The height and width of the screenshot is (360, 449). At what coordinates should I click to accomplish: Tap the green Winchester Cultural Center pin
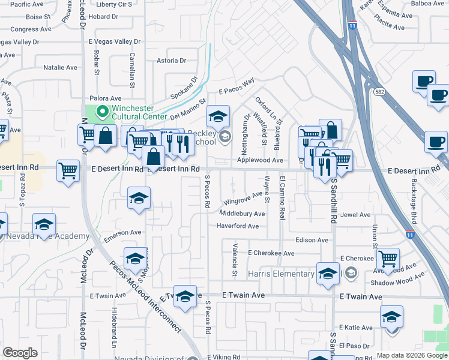click(102, 111)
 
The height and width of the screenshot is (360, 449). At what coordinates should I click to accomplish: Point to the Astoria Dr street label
click(171, 61)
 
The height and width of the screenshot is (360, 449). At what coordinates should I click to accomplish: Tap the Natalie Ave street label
click(60, 68)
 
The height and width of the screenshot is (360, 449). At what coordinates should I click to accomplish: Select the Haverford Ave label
click(237, 226)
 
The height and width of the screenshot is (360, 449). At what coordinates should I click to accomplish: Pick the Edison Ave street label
click(312, 240)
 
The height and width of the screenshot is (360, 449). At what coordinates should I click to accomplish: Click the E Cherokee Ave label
click(271, 253)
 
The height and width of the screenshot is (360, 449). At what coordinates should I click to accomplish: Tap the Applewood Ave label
click(260, 160)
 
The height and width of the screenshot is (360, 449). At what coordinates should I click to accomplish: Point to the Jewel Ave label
click(355, 214)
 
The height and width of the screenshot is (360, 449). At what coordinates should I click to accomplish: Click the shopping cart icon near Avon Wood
click(388, 259)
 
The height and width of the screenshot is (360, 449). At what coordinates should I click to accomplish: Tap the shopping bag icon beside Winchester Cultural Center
click(106, 136)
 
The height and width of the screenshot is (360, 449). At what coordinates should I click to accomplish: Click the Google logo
click(20, 353)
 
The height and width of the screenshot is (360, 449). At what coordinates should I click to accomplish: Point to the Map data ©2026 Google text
click(411, 355)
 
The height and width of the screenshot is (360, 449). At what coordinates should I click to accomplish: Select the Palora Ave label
click(105, 98)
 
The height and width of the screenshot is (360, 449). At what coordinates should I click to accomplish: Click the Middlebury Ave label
click(242, 214)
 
